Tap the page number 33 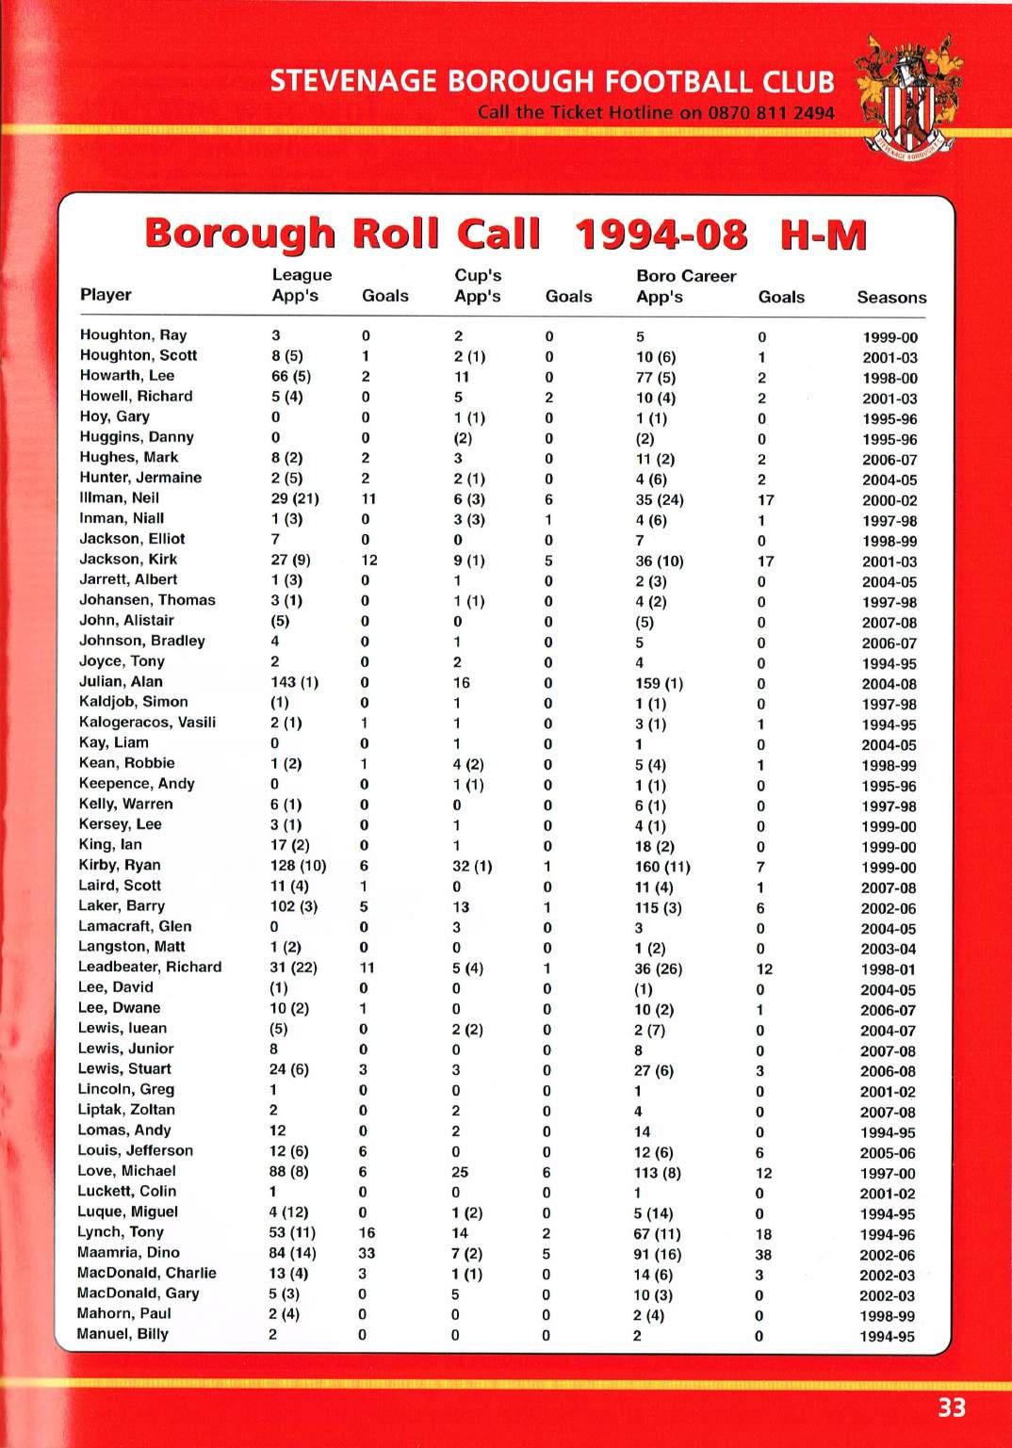pos(952,1407)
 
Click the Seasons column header pos(891,298)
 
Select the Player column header pos(106,295)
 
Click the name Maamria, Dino pos(128,1252)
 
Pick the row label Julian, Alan pos(121,681)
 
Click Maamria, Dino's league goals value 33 pos(367,1253)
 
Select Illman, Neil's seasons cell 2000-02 pos(889,500)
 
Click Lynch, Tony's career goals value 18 pos(763,1234)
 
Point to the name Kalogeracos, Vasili pos(147,722)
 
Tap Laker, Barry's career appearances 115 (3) pos(658,908)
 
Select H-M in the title pos(823,235)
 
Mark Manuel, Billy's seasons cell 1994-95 pos(887,1337)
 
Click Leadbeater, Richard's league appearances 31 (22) pos(293,968)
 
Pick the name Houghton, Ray pos(133,334)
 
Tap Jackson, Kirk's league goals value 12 pos(369,561)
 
